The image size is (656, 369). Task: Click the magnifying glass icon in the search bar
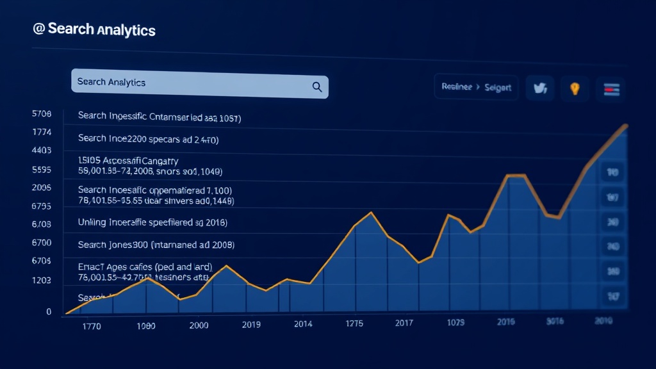point(316,86)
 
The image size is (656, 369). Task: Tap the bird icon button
point(539,88)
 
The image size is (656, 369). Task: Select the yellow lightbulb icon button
point(575,88)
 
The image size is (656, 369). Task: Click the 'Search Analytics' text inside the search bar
point(111,82)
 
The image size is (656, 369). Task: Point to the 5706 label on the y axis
point(41,115)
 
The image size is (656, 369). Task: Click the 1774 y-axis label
point(41,133)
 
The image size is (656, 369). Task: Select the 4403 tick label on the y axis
point(41,151)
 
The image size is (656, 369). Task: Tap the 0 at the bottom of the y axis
point(48,311)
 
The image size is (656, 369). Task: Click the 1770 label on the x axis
point(92,325)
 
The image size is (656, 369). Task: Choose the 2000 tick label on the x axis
point(199,325)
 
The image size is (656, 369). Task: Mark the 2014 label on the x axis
point(303,324)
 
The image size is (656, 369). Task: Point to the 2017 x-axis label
point(404,323)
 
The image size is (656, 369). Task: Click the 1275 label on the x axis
point(354,324)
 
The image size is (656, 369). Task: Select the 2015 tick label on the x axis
point(506,322)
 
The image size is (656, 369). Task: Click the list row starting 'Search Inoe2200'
point(148,138)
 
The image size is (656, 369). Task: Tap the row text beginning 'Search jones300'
point(156,245)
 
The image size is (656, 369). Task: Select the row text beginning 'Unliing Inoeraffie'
point(152,222)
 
